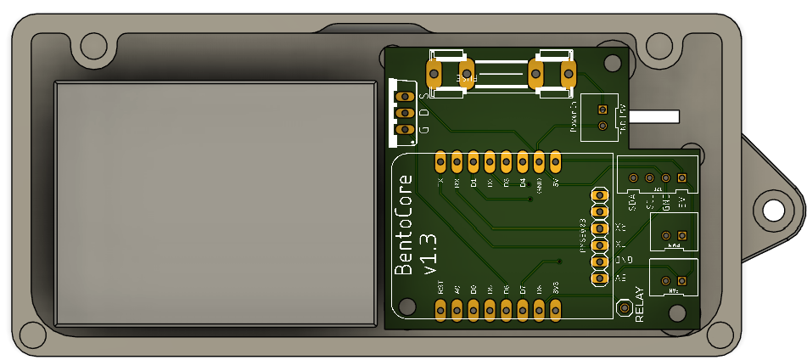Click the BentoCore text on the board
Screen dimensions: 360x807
coord(406,225)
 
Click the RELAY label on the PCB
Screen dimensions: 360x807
coord(639,306)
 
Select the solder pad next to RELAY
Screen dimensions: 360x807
coord(625,308)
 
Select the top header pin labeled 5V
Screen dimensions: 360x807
coord(555,160)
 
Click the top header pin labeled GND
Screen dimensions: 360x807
coord(539,160)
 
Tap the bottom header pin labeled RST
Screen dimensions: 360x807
coord(440,312)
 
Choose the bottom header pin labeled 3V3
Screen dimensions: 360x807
coord(556,312)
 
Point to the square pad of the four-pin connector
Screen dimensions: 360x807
coord(681,177)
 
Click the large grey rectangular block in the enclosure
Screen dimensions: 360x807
coord(216,204)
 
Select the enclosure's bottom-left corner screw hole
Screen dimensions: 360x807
coord(31,335)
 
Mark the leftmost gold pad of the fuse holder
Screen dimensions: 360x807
coord(434,74)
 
